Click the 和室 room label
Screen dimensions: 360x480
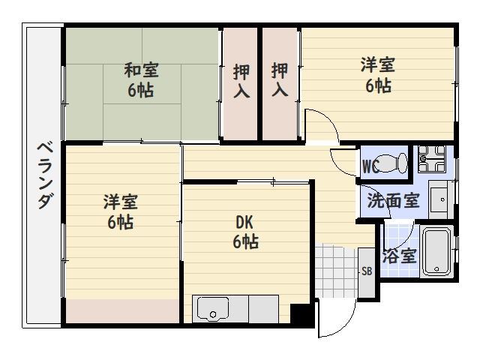(x=141, y=71)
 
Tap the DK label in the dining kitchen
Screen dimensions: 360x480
(x=244, y=222)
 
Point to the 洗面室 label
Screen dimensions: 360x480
(x=393, y=201)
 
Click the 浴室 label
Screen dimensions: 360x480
(x=399, y=256)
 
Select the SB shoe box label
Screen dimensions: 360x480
(x=367, y=271)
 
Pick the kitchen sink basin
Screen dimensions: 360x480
(x=213, y=308)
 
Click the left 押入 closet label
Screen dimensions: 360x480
(x=241, y=81)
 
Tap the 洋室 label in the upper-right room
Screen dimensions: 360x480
(x=377, y=65)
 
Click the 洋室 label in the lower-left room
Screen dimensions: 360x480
(x=121, y=202)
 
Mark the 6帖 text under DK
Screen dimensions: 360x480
(x=245, y=241)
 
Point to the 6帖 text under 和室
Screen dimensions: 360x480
(x=141, y=91)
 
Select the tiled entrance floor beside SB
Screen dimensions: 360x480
(x=336, y=266)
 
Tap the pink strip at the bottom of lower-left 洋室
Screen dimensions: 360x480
(x=123, y=310)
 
